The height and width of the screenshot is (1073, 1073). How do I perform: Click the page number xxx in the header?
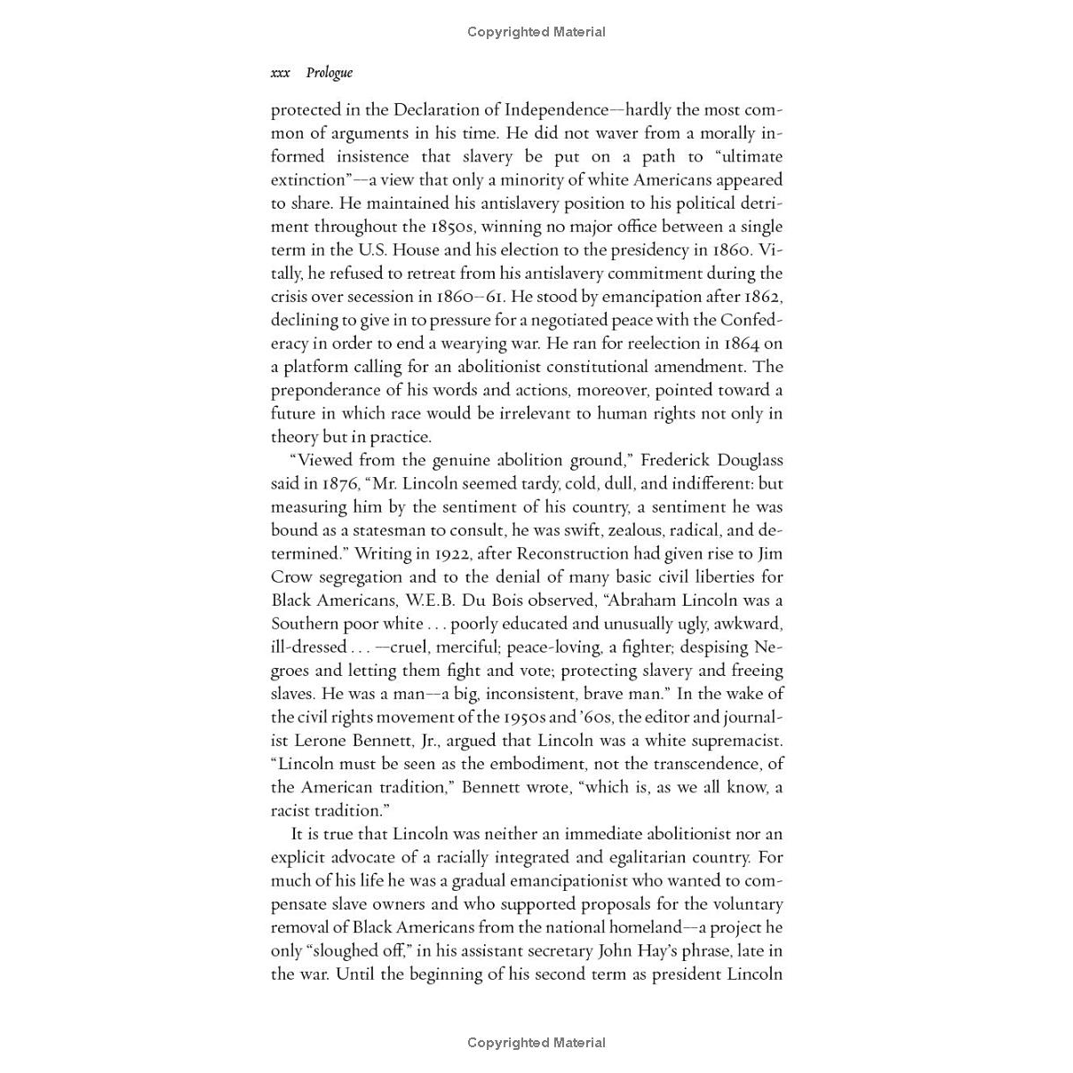click(280, 73)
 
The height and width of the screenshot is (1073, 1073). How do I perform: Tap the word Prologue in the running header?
click(329, 73)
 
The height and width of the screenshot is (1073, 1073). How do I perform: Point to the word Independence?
click(557, 110)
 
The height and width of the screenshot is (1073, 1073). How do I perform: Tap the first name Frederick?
click(673, 460)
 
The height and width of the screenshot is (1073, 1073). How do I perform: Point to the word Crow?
click(291, 576)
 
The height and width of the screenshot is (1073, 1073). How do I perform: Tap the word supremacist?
click(735, 740)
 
